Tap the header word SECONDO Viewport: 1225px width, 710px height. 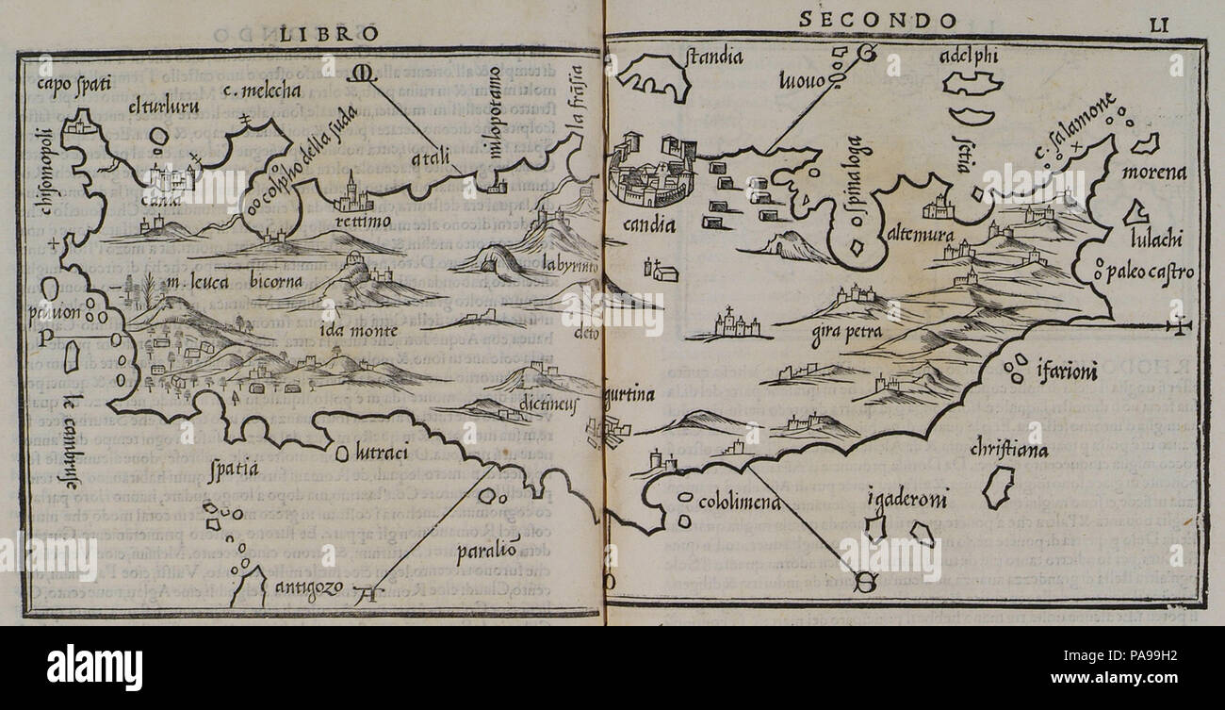877,20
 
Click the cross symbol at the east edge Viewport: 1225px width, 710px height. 1178,327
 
